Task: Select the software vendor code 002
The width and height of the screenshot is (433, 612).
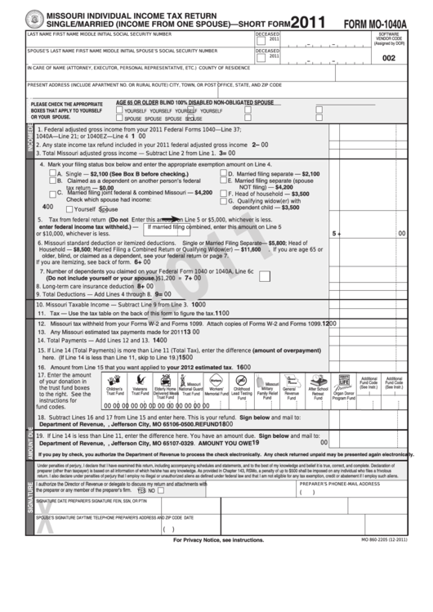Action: pos(388,58)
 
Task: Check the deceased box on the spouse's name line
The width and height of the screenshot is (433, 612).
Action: pos(260,57)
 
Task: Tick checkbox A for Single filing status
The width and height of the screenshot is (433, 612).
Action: pos(53,174)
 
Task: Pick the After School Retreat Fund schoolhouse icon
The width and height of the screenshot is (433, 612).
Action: pos(318,382)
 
